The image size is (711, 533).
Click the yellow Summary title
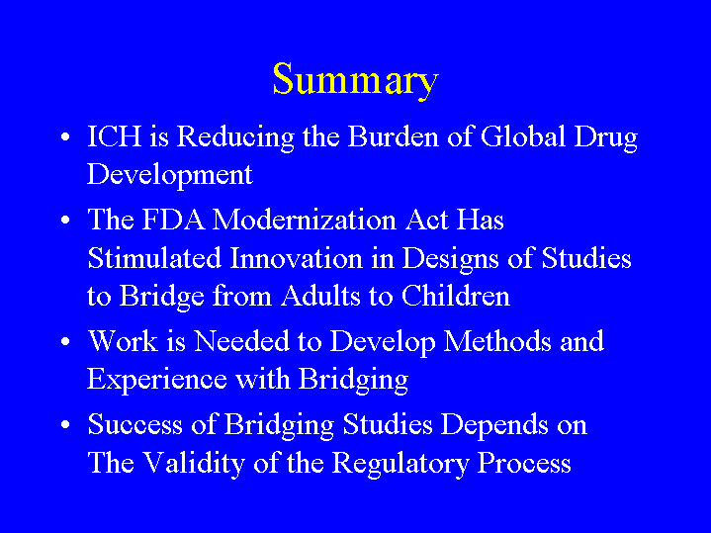coord(356,80)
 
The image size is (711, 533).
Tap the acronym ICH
coord(114,136)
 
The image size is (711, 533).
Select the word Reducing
coord(235,138)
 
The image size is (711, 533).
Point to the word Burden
coord(394,136)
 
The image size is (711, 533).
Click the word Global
coord(523,136)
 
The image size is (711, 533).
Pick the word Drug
coord(606,138)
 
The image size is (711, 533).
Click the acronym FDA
coord(173,220)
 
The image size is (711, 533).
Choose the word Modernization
coord(305,220)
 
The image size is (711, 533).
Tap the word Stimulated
coord(154,258)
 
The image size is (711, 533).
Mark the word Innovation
coord(297,258)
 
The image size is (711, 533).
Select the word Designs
coord(450,260)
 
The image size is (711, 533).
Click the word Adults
coord(320,297)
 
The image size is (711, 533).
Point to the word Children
coord(456,297)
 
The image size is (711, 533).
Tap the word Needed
coord(241,341)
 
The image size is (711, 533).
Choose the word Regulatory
coord(400,465)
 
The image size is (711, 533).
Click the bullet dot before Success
coord(65,425)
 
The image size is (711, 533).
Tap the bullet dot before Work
coord(65,341)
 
